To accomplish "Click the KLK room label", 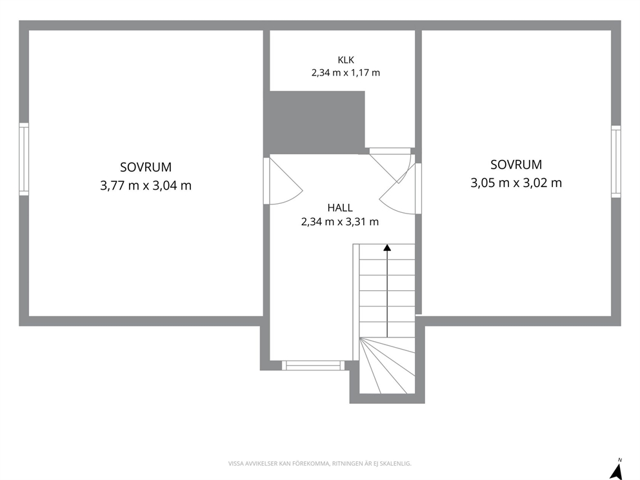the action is [x=346, y=60].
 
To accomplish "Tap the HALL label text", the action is [x=340, y=208].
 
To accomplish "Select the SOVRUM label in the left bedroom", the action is [x=146, y=167].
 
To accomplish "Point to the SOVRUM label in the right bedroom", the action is [x=516, y=165].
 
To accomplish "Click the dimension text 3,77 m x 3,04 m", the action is [x=146, y=185].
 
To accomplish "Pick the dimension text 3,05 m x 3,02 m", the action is [x=516, y=183].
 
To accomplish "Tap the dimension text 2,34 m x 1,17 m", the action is [x=346, y=73].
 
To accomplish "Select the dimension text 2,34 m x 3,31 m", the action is [x=340, y=222].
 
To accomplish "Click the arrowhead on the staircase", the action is [x=387, y=247].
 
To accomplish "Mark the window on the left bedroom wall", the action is [x=24, y=159].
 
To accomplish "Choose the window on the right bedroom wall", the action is [x=616, y=162].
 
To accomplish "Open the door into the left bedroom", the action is [x=284, y=181].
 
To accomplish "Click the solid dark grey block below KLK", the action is [x=314, y=123].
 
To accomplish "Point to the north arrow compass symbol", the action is [x=617, y=470].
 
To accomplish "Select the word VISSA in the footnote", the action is [x=235, y=464].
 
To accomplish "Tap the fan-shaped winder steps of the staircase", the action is [x=387, y=366].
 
